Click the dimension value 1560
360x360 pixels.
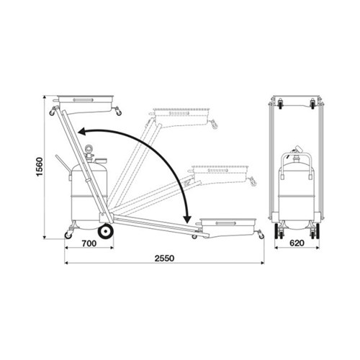pyautogui.click(x=40, y=167)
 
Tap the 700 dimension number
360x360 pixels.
pyautogui.click(x=89, y=243)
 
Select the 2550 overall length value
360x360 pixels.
pyautogui.click(x=164, y=258)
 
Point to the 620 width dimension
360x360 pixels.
pyautogui.click(x=297, y=243)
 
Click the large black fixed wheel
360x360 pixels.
pyautogui.click(x=105, y=231)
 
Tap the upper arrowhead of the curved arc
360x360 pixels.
pyautogui.click(x=81, y=132)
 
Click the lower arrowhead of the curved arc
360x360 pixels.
pyautogui.click(x=187, y=219)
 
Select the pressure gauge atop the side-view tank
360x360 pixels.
pyautogui.click(x=89, y=149)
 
